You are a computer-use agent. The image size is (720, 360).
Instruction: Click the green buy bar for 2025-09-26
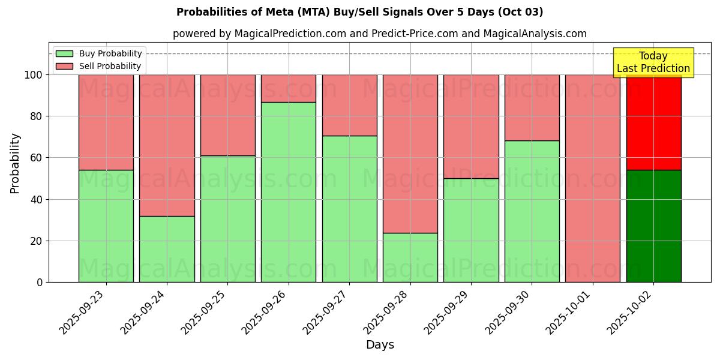coord(289,192)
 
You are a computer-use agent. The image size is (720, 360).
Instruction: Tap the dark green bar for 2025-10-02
coord(653,226)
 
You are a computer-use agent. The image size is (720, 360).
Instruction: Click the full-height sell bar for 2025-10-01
coord(593,178)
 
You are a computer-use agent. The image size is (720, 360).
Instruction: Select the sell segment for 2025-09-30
coord(532,107)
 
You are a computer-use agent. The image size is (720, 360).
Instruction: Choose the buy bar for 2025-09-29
coord(471,230)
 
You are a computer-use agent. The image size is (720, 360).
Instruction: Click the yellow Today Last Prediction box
coord(653,62)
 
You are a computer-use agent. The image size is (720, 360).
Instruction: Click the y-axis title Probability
coord(15,163)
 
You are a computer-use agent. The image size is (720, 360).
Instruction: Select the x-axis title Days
coord(380,345)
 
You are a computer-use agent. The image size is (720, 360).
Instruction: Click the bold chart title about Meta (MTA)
coord(360,12)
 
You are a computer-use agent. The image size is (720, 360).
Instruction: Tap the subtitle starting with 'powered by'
coord(380,34)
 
